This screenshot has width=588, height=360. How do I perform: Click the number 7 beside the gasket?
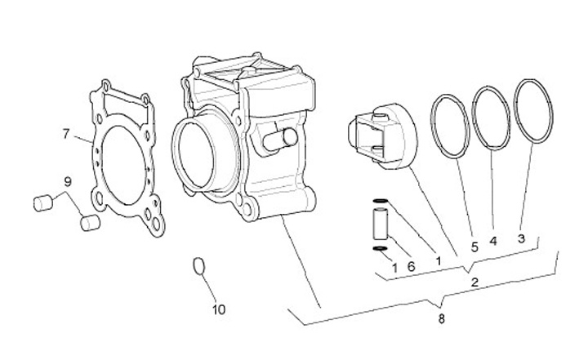tap(66, 133)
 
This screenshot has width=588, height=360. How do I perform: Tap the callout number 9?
tap(69, 181)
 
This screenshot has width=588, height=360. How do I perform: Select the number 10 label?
tap(219, 309)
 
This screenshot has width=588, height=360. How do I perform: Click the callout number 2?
tap(474, 282)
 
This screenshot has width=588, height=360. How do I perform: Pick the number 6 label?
tap(411, 266)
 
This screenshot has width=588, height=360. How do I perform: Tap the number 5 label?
tap(474, 244)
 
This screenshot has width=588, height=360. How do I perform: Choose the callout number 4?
tap(493, 242)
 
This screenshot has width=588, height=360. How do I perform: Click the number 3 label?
tap(521, 238)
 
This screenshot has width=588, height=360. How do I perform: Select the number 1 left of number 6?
tap(394, 267)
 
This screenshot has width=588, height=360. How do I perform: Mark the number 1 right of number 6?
tap(439, 260)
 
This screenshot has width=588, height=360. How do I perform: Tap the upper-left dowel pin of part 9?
tap(42, 201)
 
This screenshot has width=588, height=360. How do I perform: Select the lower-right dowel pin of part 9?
tap(89, 222)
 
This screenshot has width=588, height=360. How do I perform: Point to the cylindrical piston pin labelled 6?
tap(378, 225)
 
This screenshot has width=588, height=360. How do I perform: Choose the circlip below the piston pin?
tap(378, 249)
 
